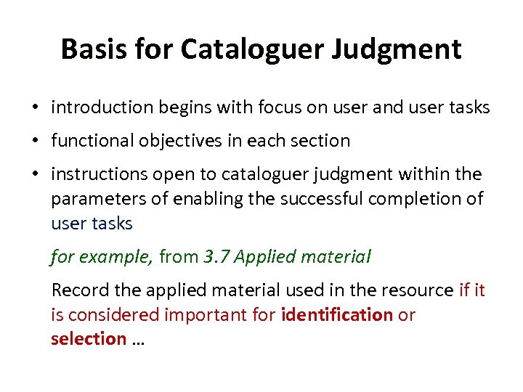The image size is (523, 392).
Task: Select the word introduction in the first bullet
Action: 101,108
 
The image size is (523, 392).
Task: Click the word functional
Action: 91,141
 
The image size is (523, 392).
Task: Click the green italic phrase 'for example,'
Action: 101,256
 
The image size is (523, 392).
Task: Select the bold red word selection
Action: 88,339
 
